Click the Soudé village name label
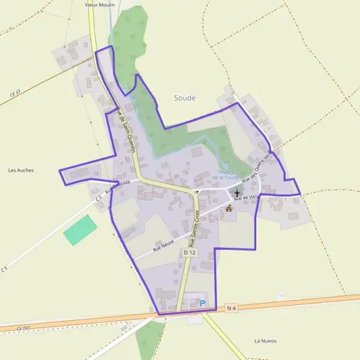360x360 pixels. coord(185,97)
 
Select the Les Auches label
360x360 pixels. coord(21,170)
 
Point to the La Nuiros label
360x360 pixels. coord(265,341)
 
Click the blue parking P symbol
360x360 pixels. coord(202,304)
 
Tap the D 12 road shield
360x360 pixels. coord(190,253)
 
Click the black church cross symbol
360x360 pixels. coord(237,194)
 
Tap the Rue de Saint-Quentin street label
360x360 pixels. coord(126,129)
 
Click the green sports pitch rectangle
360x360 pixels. coord(80,229)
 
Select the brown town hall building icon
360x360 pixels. coord(229,208)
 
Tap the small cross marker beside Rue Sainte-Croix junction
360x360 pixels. coord(197,192)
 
